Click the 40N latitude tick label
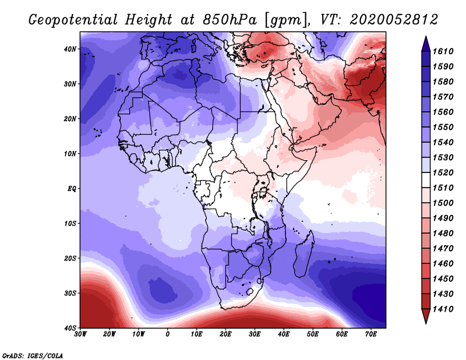point(70,49)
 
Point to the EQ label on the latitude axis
point(72,189)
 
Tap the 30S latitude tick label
point(70,293)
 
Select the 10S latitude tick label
point(70,223)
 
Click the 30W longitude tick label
point(80,334)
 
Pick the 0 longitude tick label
point(168,334)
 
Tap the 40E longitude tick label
point(284,334)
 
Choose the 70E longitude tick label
point(371,334)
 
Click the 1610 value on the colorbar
point(443,51)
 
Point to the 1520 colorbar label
point(443,172)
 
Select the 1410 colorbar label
point(443,309)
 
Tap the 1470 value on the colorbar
point(443,249)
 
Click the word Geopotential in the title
point(73,20)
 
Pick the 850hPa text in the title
point(230,20)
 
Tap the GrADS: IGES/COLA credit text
point(33,356)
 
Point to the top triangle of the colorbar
point(426,44)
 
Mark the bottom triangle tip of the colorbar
point(426,324)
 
